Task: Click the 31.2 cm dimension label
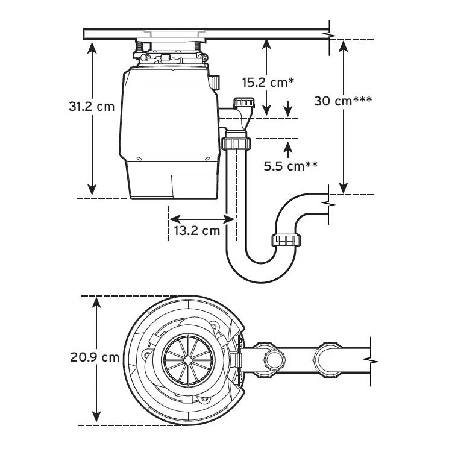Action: [92, 106]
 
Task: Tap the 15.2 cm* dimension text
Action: [268, 83]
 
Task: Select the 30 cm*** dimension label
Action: [343, 101]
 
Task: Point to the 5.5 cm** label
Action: [290, 166]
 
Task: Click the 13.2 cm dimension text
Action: [197, 231]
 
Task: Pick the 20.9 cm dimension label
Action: [95, 357]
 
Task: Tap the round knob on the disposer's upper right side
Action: [215, 82]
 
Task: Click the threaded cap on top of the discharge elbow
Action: [245, 102]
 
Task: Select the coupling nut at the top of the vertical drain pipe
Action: [236, 143]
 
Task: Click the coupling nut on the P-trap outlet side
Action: [286, 240]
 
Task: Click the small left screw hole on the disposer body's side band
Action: [139, 159]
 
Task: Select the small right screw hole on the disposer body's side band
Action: [207, 159]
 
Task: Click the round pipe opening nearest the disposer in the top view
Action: [274, 360]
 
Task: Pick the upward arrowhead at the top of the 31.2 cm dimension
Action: [92, 46]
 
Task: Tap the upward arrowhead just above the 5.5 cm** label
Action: [287, 146]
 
